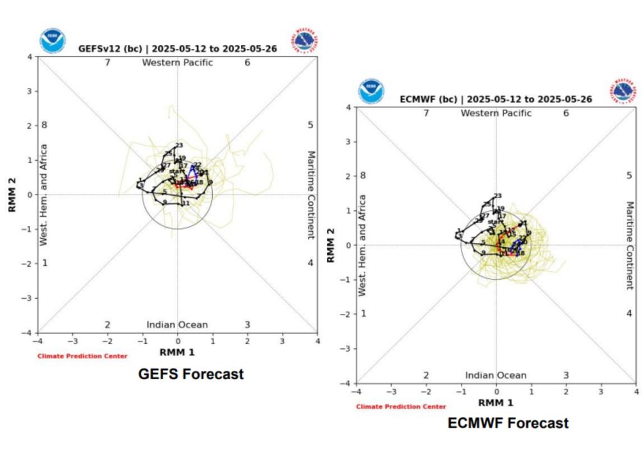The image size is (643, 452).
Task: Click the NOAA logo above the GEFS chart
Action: pyautogui.click(x=52, y=40)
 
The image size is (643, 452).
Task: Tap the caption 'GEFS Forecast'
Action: pyautogui.click(x=190, y=374)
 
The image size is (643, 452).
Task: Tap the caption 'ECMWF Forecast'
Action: pyautogui.click(x=508, y=423)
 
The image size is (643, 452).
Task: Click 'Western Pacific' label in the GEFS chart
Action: pyautogui.click(x=177, y=62)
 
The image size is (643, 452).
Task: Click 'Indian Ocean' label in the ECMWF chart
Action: pyautogui.click(x=495, y=375)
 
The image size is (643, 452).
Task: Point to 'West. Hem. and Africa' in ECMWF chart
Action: pyautogui.click(x=362, y=245)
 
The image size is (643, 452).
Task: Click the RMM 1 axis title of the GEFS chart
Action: pyautogui.click(x=177, y=352)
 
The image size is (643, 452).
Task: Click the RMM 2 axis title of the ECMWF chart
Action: pyautogui.click(x=332, y=245)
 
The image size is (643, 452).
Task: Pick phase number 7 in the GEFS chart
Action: pyautogui.click(x=107, y=62)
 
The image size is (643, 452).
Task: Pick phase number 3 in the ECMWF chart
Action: pyautogui.click(x=566, y=375)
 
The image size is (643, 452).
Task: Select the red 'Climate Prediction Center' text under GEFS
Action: pyautogui.click(x=82, y=356)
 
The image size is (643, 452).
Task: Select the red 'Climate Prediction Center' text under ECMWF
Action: pyautogui.click(x=401, y=407)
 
